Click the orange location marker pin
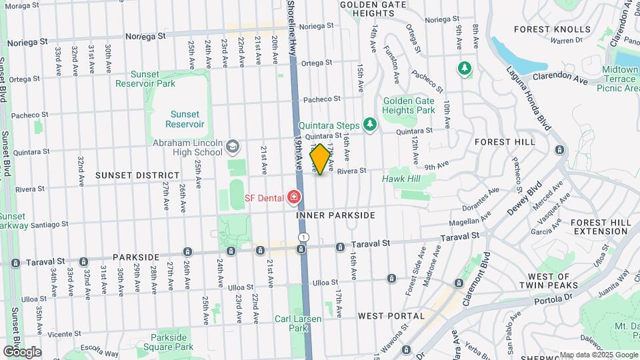[320, 159]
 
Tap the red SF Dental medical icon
[293, 197]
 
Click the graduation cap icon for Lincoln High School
[232, 145]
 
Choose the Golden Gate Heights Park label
[409, 105]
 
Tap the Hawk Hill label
[401, 179]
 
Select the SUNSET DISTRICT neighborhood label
[137, 175]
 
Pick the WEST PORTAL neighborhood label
[391, 315]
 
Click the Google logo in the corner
[22, 351]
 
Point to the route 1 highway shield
[303, 237]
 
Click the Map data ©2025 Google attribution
[598, 355]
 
